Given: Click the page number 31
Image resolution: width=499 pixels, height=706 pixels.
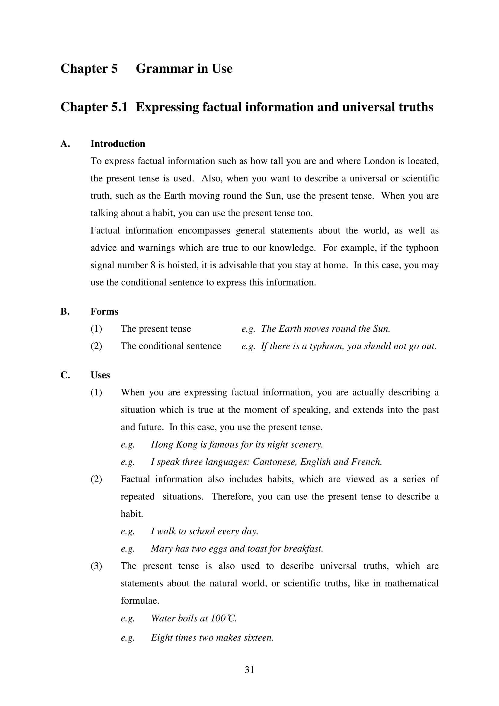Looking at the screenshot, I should click(249, 669).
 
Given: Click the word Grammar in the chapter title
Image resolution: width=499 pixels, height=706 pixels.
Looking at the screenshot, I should click(165, 69).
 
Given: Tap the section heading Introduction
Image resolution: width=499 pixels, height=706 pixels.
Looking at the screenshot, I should click(118, 144).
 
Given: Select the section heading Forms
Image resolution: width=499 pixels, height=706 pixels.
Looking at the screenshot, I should click(104, 311).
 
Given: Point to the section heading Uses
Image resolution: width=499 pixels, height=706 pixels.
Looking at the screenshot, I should click(100, 375).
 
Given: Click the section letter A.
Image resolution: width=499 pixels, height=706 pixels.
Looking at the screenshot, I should click(65, 144).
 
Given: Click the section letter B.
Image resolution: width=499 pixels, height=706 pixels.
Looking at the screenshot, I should click(65, 311).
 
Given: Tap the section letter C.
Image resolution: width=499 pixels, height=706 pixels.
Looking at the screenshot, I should click(65, 375).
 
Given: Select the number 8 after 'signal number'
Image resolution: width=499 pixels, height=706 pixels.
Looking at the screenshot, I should click(153, 265).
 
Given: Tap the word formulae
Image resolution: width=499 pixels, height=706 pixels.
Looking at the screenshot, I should click(139, 601).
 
